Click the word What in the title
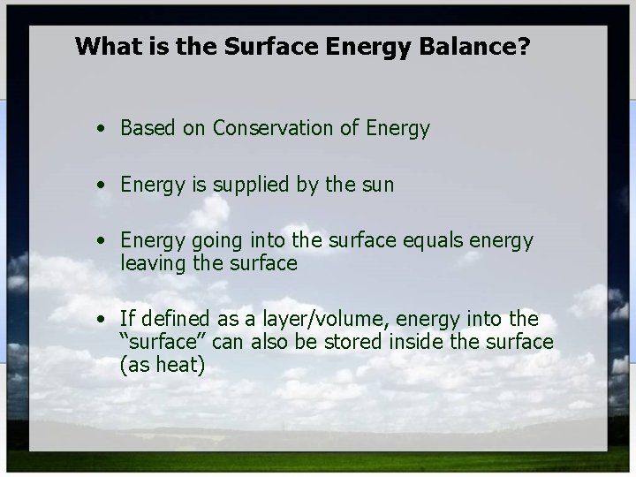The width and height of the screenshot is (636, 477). [104, 46]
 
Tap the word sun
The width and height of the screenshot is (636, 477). [377, 185]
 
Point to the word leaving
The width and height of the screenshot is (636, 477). [151, 262]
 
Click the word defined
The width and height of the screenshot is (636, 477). [173, 319]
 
